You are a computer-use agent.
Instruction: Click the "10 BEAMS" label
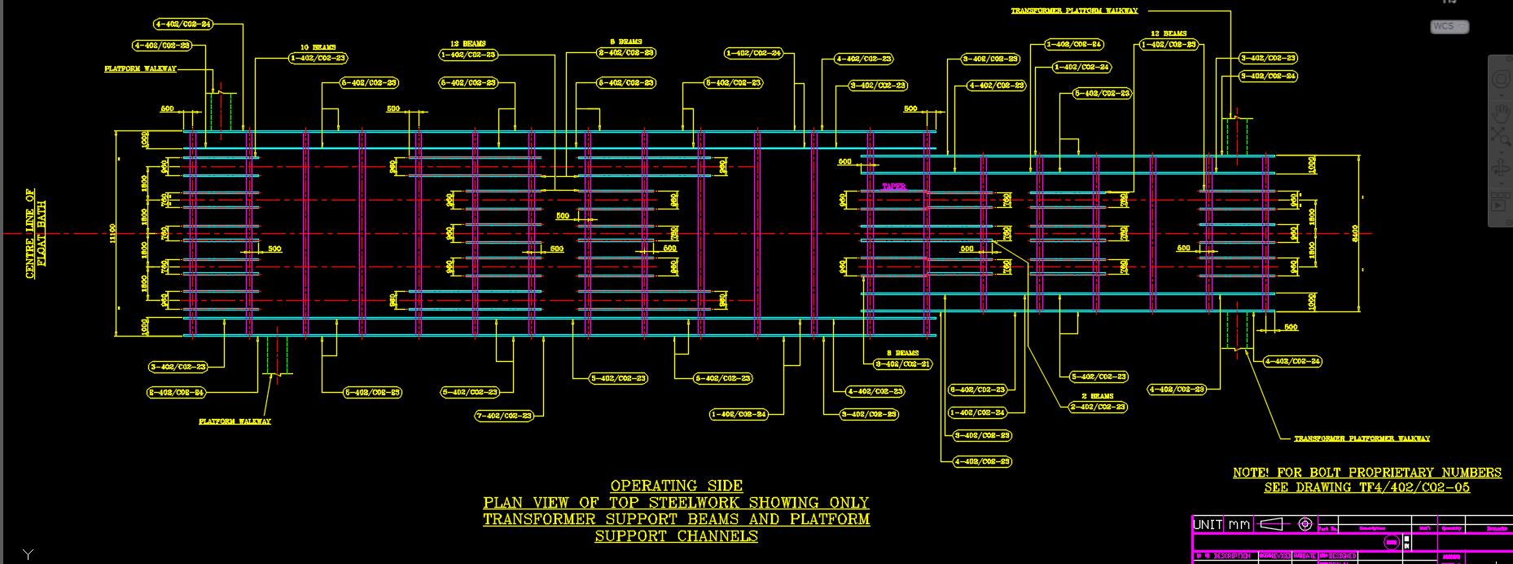pyautogui.click(x=318, y=47)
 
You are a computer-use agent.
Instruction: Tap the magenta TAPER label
pyautogui.click(x=893, y=187)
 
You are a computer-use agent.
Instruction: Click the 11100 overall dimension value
pyautogui.click(x=113, y=233)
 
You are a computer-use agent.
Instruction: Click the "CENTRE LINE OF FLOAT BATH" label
pyautogui.click(x=36, y=234)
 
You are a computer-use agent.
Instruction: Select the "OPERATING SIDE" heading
pyautogui.click(x=676, y=486)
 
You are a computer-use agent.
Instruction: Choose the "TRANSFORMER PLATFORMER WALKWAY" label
pyautogui.click(x=1362, y=438)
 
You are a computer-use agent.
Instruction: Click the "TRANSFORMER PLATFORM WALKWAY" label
pyautogui.click(x=1074, y=11)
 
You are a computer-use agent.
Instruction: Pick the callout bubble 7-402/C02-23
pyautogui.click(x=504, y=416)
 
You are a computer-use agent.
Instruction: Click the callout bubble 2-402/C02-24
pyautogui.click(x=176, y=393)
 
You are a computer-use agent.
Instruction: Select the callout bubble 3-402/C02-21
pyautogui.click(x=902, y=364)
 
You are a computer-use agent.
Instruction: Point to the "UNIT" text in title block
pyautogui.click(x=1208, y=524)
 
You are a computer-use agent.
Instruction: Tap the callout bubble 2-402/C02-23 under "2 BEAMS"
pyautogui.click(x=1098, y=407)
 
